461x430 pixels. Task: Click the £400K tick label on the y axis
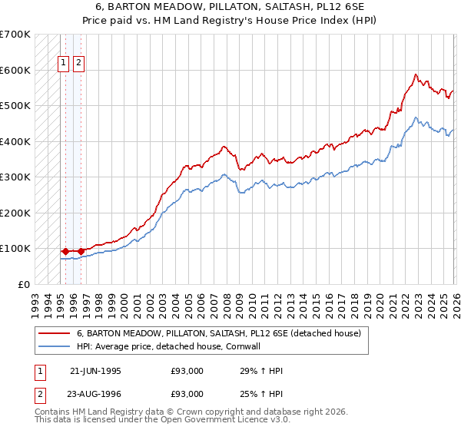tap(15, 141)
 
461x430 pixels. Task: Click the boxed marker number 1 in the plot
tap(65, 64)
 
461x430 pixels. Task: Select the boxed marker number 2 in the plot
tap(79, 64)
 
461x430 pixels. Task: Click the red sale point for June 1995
tap(65, 251)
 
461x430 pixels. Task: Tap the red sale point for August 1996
tap(81, 251)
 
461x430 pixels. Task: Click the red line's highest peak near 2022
tap(416, 74)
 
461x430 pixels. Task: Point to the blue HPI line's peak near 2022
tap(416, 117)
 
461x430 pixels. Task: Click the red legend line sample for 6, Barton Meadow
tap(54, 334)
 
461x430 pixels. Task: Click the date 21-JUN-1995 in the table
tap(95, 371)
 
